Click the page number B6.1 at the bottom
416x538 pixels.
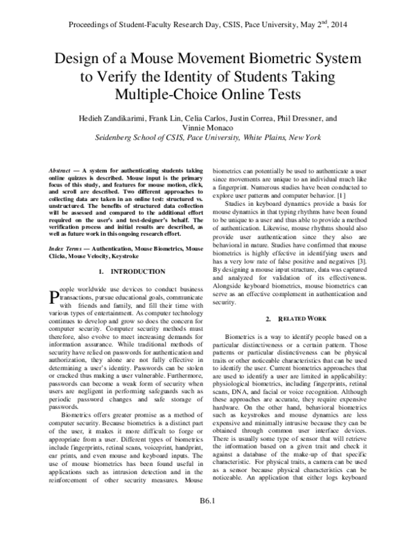point(207,519)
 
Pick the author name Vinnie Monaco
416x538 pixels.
point(207,128)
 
